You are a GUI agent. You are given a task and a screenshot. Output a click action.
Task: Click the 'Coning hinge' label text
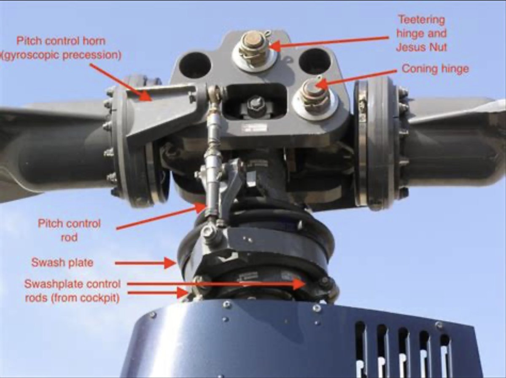[435, 69]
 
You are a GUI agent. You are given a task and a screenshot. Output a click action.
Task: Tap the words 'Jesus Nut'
[421, 48]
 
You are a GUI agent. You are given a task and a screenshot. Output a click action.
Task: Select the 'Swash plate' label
[62, 263]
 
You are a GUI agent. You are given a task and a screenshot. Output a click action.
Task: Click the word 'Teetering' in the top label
[422, 20]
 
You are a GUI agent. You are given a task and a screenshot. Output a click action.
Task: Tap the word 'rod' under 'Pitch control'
[69, 237]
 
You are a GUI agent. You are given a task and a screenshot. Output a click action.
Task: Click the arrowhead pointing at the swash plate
[170, 263]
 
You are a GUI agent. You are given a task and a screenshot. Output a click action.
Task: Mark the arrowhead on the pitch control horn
[145, 96]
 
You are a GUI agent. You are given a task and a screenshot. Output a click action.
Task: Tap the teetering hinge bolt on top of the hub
[254, 49]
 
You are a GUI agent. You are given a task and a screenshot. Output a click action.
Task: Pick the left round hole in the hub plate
[195, 65]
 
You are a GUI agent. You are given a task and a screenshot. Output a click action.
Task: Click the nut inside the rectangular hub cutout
[256, 105]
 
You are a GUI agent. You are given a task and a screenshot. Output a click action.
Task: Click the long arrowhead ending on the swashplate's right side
[300, 284]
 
